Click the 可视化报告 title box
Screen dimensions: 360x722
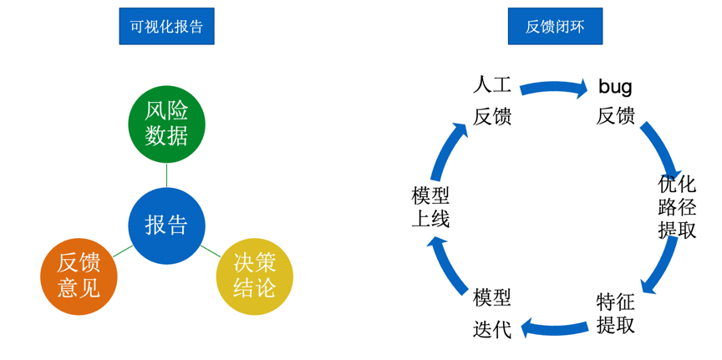166,26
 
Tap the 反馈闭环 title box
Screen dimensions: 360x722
555,26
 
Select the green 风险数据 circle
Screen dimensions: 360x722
166,124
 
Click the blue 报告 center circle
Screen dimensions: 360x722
166,225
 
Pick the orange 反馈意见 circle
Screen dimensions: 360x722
79,276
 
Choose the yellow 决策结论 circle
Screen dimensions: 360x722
254,276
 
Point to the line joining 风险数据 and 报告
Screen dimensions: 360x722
166,175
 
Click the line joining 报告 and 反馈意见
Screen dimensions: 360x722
123,251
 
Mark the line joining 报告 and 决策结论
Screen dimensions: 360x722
210,251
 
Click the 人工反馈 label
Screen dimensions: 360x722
491,100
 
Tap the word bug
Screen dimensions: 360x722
615,86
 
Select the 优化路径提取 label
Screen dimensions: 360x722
677,206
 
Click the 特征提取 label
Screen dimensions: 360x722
616,313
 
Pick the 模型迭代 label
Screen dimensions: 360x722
491,313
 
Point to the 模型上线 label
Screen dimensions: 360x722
430,206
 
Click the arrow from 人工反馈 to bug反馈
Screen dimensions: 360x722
553,87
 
